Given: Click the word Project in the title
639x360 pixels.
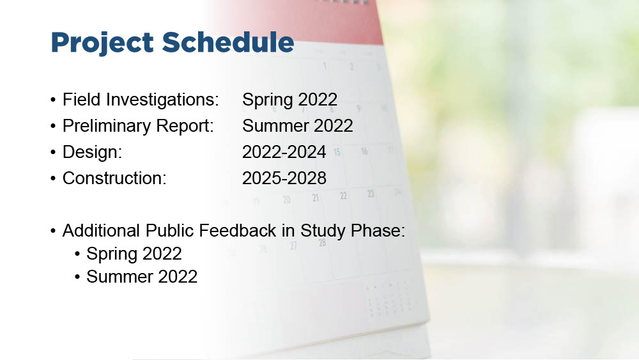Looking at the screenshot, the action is (x=102, y=43).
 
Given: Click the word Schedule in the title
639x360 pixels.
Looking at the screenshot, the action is (x=228, y=42).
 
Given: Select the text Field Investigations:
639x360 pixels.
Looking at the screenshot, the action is (x=141, y=100).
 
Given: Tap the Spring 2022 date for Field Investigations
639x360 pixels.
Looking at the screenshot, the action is (x=289, y=100).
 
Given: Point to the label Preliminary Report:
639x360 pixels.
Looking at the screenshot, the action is (x=138, y=126).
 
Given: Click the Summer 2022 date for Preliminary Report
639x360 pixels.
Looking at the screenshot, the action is (x=298, y=125).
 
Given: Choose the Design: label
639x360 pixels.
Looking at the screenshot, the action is (x=93, y=152).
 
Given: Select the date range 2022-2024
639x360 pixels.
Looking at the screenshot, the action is (x=284, y=152).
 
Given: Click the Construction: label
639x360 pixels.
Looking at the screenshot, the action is (x=114, y=178).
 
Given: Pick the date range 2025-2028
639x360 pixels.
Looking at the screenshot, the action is (x=284, y=178).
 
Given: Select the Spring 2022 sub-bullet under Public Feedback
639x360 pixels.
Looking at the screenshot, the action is (x=134, y=254).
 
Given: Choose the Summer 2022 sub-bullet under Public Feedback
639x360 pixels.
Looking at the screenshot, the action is (x=142, y=277).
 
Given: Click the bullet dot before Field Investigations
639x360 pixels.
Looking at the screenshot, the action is (x=53, y=100).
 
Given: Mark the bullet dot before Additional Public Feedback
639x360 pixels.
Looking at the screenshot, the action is (x=53, y=231).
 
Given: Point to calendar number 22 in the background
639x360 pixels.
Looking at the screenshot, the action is (x=344, y=196).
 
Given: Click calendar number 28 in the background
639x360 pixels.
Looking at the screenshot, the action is (x=322, y=243).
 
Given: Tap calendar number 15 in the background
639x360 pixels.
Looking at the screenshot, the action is (x=337, y=152).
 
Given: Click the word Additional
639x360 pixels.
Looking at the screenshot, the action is (x=101, y=231).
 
